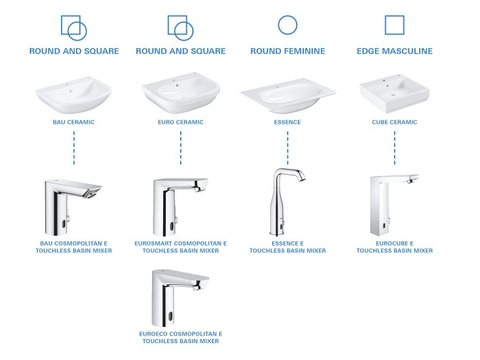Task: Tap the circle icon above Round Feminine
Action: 288,25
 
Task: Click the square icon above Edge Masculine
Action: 394,25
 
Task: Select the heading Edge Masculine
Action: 394,51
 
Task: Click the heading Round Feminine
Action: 288,51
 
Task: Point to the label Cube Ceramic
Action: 394,122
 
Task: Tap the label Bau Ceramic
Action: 74,122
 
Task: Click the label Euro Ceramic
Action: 180,122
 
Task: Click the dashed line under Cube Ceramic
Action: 395,148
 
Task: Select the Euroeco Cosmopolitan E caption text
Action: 180,338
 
